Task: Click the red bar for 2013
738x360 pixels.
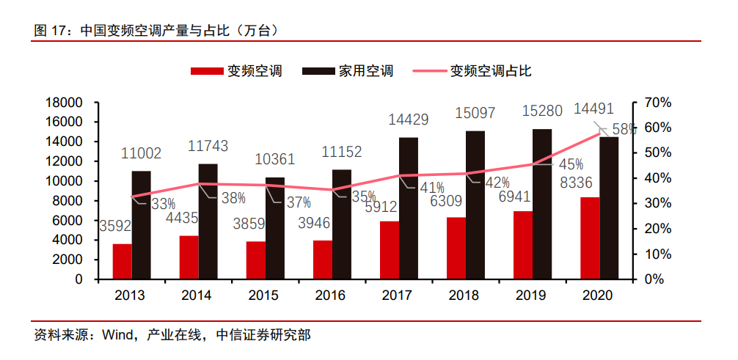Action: coord(123,261)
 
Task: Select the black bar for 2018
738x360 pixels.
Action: coord(475,205)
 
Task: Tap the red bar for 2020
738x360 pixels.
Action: coord(590,238)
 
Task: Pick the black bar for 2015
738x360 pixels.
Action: coord(275,228)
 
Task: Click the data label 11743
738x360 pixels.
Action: coord(208,147)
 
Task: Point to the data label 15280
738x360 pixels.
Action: coord(542,111)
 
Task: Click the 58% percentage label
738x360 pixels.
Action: coord(623,129)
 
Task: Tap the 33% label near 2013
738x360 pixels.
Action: coord(163,205)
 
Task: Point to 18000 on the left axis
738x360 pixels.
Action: coord(63,103)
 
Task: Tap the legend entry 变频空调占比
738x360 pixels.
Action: coord(490,71)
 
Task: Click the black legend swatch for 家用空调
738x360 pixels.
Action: coord(317,71)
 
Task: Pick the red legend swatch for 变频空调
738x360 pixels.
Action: coord(206,71)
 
